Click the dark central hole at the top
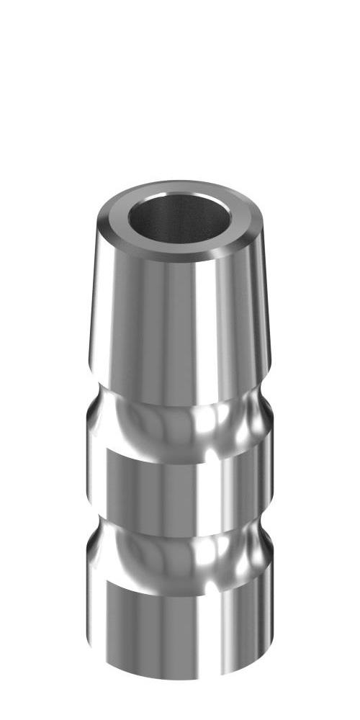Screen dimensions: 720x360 pyautogui.click(x=180, y=220)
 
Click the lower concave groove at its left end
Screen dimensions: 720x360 pyautogui.click(x=92, y=547)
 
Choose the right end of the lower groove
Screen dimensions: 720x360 pyautogui.click(x=268, y=547)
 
